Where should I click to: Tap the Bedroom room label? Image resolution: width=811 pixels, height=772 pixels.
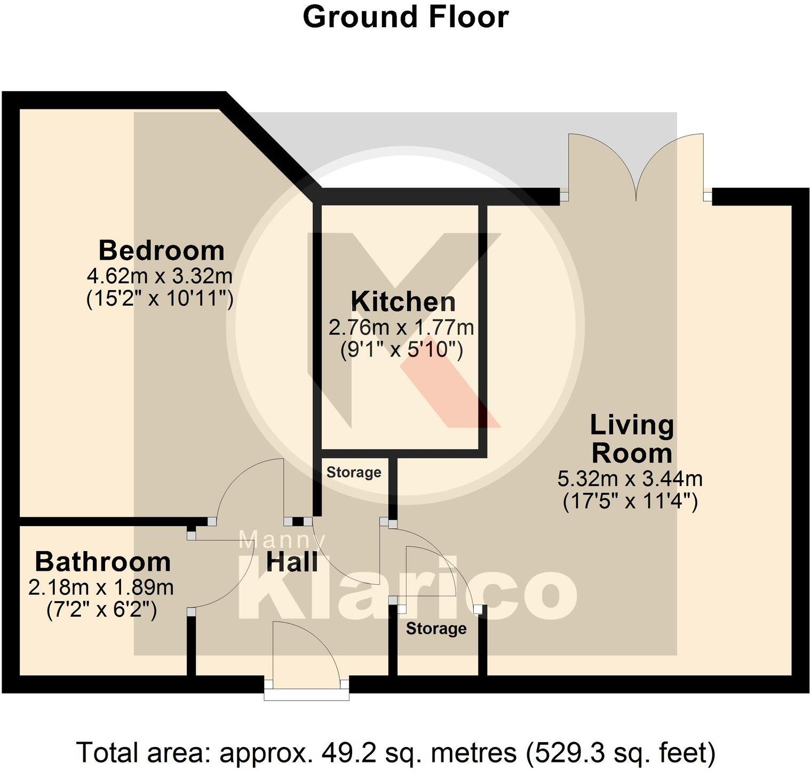point(162,250)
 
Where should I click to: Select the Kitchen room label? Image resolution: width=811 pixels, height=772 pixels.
point(403,302)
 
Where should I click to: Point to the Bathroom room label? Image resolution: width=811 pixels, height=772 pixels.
point(103,562)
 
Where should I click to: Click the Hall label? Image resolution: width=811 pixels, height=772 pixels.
point(292,562)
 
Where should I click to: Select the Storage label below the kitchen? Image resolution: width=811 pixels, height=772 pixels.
point(354,472)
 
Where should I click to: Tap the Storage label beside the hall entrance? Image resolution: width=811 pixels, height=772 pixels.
point(436,628)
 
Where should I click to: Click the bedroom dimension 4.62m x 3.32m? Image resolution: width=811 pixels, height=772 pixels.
point(160,276)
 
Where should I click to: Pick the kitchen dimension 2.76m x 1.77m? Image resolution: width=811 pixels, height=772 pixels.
point(401,327)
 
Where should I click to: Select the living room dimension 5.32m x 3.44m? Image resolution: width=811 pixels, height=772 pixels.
point(630,479)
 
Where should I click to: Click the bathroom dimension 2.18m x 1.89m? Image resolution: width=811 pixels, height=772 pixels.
point(101,587)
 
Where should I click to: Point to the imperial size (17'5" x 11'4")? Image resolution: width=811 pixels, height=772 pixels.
point(631,502)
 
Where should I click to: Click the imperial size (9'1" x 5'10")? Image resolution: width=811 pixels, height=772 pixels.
point(401,351)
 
